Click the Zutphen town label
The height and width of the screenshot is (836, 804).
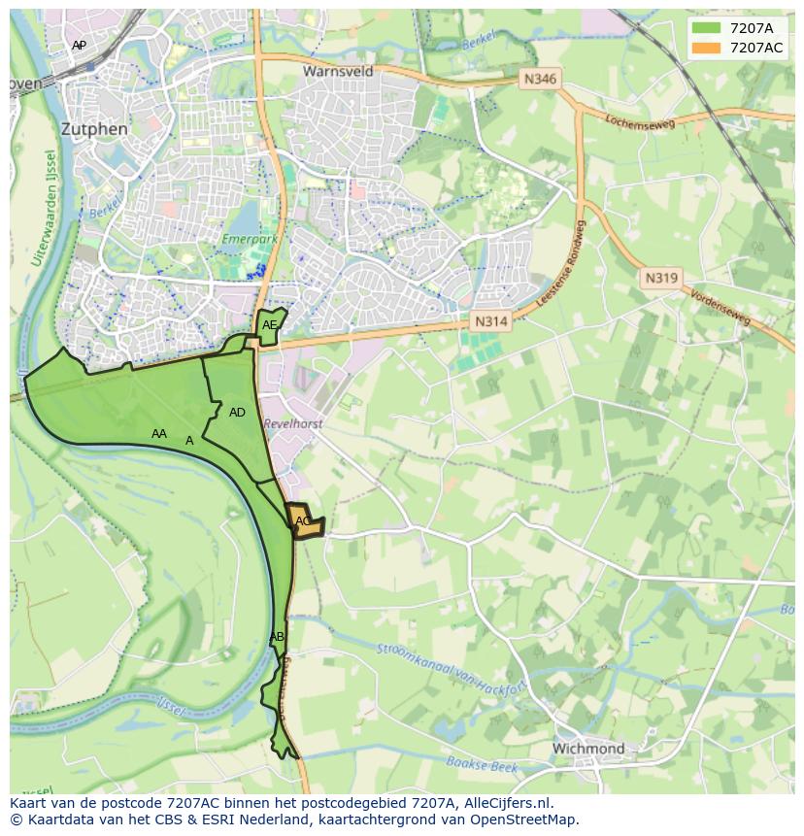(93, 128)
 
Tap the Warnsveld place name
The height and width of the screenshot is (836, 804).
(337, 72)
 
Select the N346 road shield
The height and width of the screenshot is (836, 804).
(539, 79)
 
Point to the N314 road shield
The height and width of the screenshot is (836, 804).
(491, 321)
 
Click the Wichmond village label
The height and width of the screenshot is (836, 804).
(587, 749)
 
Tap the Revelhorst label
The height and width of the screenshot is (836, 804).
(292, 424)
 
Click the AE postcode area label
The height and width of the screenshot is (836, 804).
(270, 325)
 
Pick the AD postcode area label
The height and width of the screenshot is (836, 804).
(237, 413)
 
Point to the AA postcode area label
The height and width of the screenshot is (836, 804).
(159, 434)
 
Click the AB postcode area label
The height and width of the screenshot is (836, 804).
(277, 637)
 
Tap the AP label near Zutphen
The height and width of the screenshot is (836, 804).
(79, 46)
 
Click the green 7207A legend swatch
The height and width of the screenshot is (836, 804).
(707, 28)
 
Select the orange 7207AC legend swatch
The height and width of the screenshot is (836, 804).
(707, 48)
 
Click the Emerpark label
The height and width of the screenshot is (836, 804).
(250, 238)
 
